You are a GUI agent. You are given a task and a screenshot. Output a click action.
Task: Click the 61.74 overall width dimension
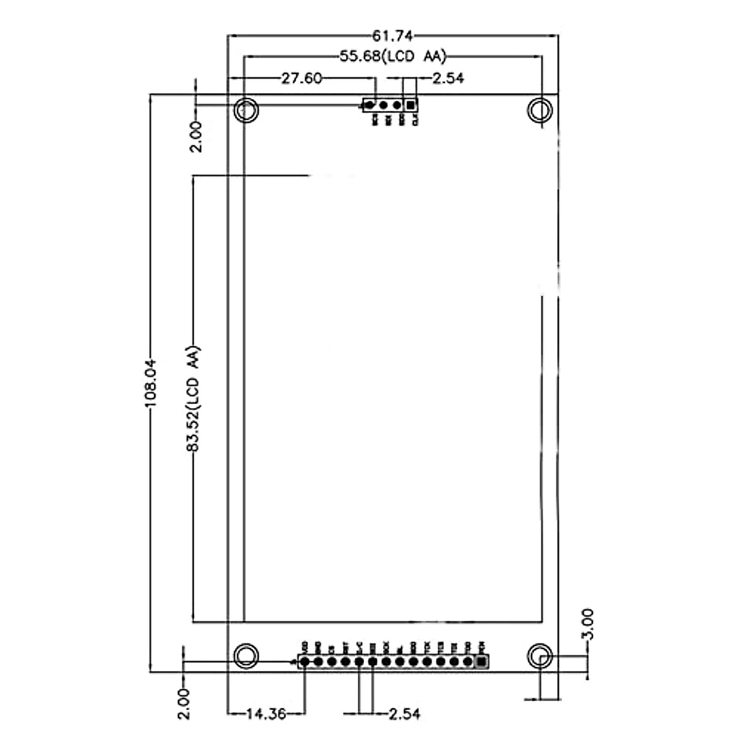point(392,35)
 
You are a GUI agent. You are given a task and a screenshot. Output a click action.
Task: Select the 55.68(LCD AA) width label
point(392,57)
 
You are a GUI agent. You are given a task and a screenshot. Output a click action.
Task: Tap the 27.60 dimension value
point(301,78)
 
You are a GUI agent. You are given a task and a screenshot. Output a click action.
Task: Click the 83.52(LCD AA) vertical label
point(193,400)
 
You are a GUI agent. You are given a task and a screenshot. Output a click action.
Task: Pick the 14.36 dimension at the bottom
point(266,714)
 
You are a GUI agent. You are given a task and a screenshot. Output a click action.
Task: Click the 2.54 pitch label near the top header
point(448,78)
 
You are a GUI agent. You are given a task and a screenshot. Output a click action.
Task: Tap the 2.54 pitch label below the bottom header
point(404,714)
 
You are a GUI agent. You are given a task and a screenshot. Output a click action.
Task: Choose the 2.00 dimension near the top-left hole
point(195,136)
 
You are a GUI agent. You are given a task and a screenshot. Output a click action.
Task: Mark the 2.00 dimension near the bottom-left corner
point(183,704)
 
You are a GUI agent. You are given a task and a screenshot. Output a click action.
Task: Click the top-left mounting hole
point(247,111)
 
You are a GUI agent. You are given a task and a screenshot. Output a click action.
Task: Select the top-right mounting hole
point(540,111)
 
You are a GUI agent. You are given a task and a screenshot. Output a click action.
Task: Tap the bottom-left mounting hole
point(247,655)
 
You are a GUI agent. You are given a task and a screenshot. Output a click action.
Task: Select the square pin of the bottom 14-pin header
point(481,662)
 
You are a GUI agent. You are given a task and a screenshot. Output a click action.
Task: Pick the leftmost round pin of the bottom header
point(304,662)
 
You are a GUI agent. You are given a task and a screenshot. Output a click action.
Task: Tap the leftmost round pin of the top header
point(369,105)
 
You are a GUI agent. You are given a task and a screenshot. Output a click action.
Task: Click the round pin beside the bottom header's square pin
point(467,662)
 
